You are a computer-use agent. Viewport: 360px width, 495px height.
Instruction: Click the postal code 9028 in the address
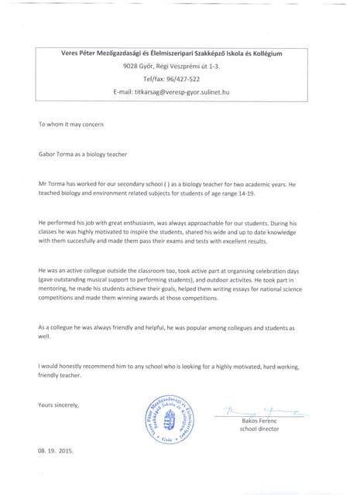pos(132,67)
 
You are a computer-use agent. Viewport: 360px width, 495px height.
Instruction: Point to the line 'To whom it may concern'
pos(66,125)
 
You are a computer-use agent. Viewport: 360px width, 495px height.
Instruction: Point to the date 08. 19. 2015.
pos(55,449)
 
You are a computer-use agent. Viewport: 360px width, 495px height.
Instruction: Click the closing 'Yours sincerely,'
pos(58,405)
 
